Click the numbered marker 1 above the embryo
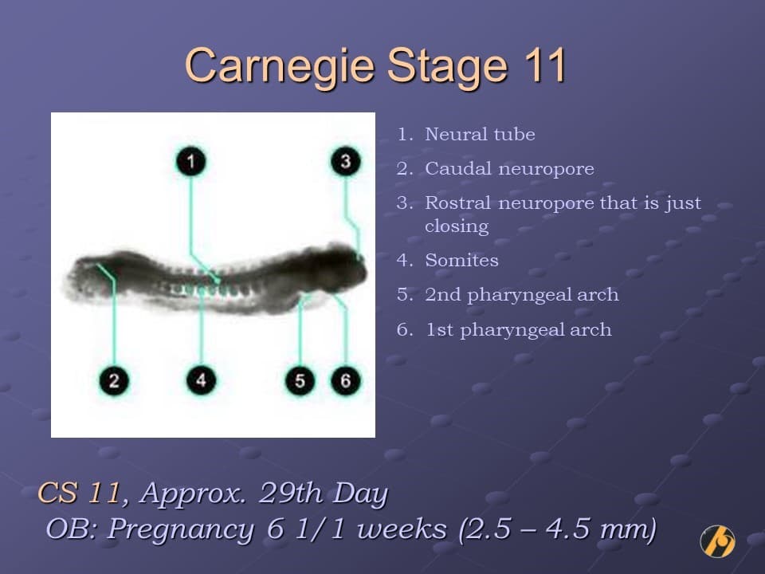tap(190, 162)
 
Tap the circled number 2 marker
tap(114, 380)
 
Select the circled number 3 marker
tap(345, 161)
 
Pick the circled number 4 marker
tap(201, 380)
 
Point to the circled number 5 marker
tap(300, 380)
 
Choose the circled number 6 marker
tap(345, 380)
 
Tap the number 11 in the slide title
tap(543, 65)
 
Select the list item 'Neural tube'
tap(480, 135)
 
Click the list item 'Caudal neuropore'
tap(509, 169)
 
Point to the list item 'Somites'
tap(461, 261)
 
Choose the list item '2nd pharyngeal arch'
tap(521, 295)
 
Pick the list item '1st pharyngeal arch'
tap(518, 330)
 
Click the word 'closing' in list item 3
tap(457, 226)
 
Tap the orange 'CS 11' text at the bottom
tap(79, 493)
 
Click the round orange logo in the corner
tap(717, 541)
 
